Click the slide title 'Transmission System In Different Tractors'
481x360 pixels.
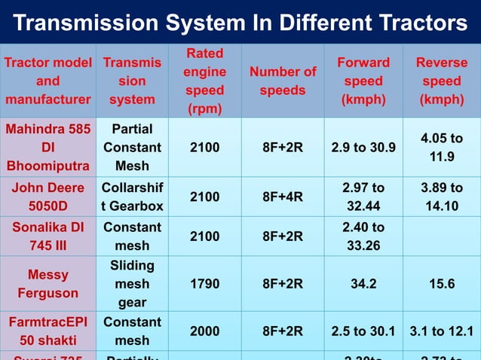pyautogui.click(x=240, y=23)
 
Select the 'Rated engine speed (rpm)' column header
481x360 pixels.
pyautogui.click(x=205, y=81)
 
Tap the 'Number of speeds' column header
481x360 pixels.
pyautogui.click(x=283, y=81)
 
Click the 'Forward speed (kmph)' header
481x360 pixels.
pyautogui.click(x=363, y=81)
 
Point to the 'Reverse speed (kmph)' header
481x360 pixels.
pyautogui.click(x=442, y=81)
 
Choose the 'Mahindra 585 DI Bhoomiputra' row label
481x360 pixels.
pyautogui.click(x=48, y=148)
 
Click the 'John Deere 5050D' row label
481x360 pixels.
pyautogui.click(x=48, y=197)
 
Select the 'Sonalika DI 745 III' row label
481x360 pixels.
pyautogui.click(x=48, y=236)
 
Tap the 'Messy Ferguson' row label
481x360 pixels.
pyautogui.click(x=48, y=284)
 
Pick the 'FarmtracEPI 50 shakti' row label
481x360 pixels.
pyautogui.click(x=48, y=331)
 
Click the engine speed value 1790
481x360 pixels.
pyautogui.click(x=205, y=285)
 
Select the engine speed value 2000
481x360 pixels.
pyautogui.click(x=205, y=331)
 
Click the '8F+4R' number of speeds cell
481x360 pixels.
pyautogui.click(x=283, y=197)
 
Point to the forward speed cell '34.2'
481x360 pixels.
pyautogui.click(x=363, y=285)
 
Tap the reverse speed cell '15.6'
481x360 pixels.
pyautogui.click(x=442, y=285)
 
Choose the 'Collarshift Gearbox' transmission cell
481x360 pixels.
pyautogui.click(x=133, y=197)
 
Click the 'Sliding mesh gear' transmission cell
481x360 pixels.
pyautogui.click(x=133, y=284)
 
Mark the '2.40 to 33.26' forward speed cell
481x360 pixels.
pyautogui.click(x=363, y=236)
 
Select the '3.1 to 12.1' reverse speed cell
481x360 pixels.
pyautogui.click(x=442, y=331)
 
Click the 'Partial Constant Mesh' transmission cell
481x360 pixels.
pyautogui.click(x=133, y=148)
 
